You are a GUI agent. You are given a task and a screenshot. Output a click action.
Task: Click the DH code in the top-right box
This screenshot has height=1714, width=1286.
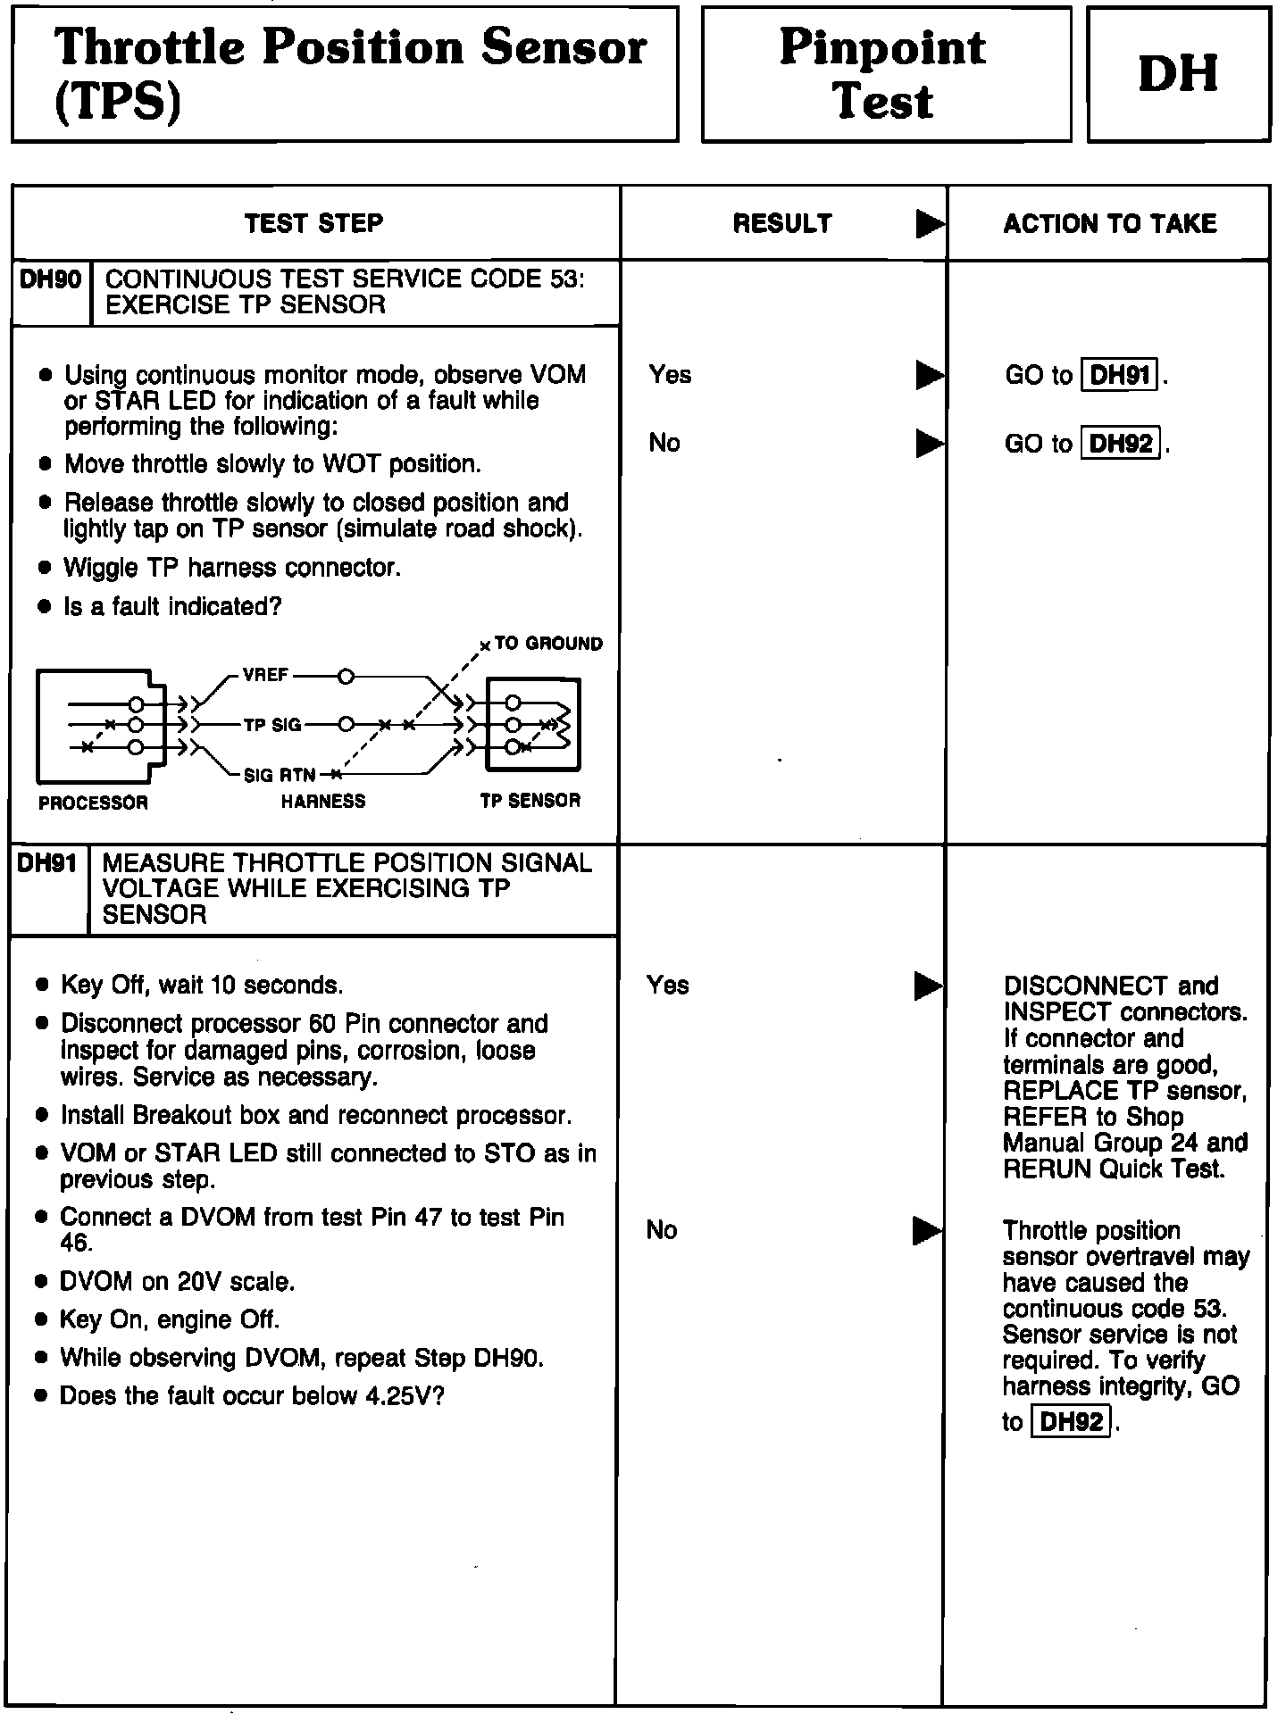1178,74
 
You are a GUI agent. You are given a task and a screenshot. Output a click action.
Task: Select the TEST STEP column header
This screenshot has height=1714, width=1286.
314,223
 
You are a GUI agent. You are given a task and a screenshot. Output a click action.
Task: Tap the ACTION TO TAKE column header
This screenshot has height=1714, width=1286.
1109,223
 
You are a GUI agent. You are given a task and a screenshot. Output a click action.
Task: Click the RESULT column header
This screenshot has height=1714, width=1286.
782,223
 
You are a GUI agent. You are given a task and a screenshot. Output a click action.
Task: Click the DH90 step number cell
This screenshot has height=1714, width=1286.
50,280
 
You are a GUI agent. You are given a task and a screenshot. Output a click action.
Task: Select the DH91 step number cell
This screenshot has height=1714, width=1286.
47,864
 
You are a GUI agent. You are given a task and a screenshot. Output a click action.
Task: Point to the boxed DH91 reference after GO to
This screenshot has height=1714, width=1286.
1120,375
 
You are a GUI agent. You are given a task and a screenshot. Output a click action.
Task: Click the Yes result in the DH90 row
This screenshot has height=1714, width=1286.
670,375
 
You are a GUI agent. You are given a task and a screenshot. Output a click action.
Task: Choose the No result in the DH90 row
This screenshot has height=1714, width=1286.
664,443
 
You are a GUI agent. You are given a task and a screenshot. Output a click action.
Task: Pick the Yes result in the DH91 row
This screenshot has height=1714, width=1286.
668,986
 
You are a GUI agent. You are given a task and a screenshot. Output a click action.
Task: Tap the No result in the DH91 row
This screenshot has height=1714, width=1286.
662,1231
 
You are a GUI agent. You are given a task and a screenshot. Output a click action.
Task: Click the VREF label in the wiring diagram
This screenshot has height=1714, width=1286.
266,676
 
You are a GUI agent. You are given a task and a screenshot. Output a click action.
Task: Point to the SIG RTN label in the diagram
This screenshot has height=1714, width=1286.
280,775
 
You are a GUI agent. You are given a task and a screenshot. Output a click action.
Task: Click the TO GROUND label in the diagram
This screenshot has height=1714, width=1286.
548,644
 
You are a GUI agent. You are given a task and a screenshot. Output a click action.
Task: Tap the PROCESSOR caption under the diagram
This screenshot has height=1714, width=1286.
93,803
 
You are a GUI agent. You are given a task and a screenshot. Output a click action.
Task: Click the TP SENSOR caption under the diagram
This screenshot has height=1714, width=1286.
530,801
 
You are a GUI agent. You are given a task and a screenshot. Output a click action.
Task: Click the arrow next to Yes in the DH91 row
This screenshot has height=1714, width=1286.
928,986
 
